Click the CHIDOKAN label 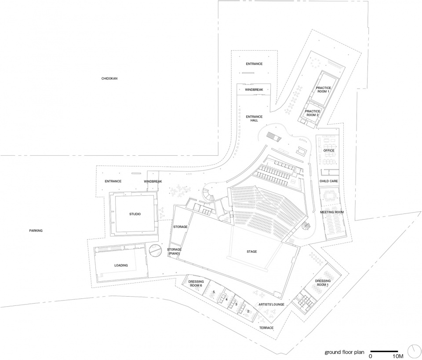[x=109, y=79]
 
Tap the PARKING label [x=36, y=231]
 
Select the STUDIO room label [x=135, y=214]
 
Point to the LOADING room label [x=121, y=265]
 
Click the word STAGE [x=251, y=252]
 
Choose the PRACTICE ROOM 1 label [x=324, y=90]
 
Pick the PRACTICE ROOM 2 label [x=313, y=113]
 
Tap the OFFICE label [x=329, y=151]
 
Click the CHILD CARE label [x=328, y=181]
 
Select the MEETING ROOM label [x=332, y=212]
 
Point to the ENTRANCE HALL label [x=254, y=118]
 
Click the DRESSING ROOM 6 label [x=195, y=283]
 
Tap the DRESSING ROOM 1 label [x=323, y=283]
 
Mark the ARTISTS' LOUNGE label [x=272, y=305]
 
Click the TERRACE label [x=266, y=328]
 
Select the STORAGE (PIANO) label [x=174, y=252]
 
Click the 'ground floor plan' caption [x=344, y=352]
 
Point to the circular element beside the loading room [x=155, y=250]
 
